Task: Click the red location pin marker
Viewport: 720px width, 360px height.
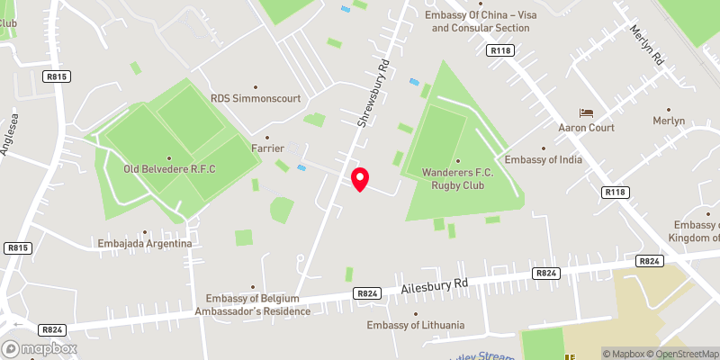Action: [360, 179]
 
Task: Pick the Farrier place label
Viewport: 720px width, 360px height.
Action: [268, 148]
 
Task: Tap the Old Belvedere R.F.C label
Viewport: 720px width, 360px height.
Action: [169, 168]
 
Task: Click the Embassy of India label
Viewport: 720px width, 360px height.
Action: [544, 160]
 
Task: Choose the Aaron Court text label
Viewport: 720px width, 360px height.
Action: [586, 128]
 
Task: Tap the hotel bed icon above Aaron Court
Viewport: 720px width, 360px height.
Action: [587, 112]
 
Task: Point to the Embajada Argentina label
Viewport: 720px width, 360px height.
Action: [146, 244]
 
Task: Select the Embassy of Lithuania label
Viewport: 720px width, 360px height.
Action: [416, 325]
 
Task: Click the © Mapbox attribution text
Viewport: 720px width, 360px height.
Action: [624, 354]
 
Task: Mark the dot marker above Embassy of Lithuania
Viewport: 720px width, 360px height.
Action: [416, 314]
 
